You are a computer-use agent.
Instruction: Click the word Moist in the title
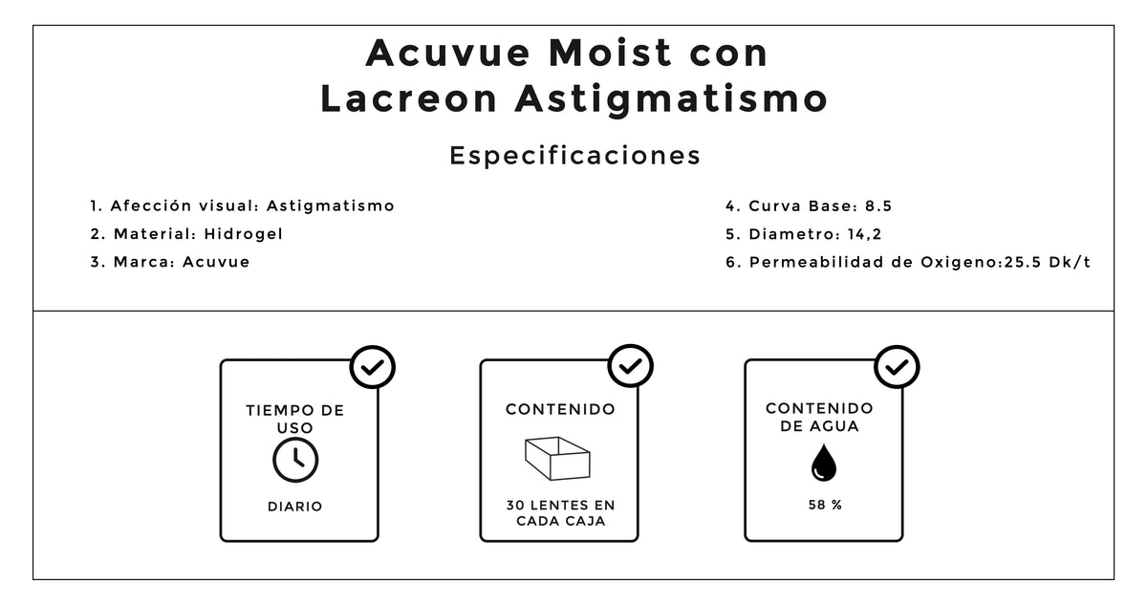(x=610, y=53)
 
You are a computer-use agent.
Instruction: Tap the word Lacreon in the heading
(x=409, y=98)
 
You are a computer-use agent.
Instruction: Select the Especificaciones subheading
(x=574, y=156)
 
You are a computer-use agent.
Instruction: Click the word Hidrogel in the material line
(x=243, y=234)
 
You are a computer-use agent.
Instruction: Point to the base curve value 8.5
(x=878, y=206)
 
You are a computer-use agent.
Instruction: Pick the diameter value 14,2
(x=864, y=234)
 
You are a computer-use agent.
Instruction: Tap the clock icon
(x=295, y=460)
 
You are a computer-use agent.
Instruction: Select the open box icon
(x=557, y=458)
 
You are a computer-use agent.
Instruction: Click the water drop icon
(x=823, y=463)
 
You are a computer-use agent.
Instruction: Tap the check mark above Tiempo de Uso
(x=372, y=367)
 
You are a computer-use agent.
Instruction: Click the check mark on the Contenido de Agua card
(x=897, y=366)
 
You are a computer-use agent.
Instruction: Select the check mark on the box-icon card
(x=630, y=366)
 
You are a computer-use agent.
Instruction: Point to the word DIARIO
(x=295, y=507)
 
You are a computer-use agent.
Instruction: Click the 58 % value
(x=825, y=506)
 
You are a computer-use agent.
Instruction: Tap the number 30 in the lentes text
(x=515, y=506)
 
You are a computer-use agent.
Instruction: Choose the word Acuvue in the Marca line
(x=216, y=262)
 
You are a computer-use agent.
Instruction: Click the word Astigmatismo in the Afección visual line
(x=331, y=206)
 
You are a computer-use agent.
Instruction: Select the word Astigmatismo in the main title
(x=671, y=99)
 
